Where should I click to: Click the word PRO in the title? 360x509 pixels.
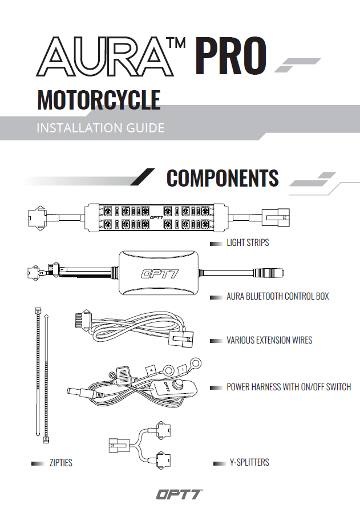click(231, 56)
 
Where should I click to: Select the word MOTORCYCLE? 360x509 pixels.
click(99, 100)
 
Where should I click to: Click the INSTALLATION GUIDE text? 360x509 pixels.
click(100, 127)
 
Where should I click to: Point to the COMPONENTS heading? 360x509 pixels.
click(223, 179)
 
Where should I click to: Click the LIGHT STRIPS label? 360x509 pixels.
click(248, 243)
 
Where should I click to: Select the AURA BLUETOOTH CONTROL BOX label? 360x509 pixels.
click(277, 297)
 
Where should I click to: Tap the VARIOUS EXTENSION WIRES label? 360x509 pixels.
click(269, 341)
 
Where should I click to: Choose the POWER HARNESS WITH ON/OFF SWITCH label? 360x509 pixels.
click(289, 387)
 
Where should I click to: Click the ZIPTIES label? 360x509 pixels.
click(60, 463)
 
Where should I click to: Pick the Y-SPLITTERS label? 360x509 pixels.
click(249, 462)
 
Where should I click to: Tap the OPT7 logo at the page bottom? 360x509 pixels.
click(179, 494)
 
